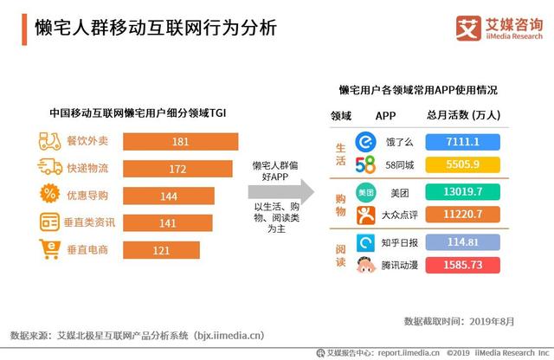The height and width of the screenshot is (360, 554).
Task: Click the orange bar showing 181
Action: [x=181, y=141]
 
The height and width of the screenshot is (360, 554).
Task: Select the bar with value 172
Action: [x=178, y=168]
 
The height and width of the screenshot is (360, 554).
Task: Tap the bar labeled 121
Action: [x=163, y=250]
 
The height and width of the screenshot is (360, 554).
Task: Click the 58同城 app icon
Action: [x=365, y=164]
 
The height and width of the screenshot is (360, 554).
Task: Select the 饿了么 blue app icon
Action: [x=366, y=141]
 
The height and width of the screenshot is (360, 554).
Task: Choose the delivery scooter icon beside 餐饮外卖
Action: [x=50, y=141]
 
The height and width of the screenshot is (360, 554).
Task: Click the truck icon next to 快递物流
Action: [x=50, y=168]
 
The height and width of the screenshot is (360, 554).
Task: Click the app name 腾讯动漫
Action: [x=409, y=265]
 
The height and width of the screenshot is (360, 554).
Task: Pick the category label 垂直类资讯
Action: [x=91, y=223]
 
